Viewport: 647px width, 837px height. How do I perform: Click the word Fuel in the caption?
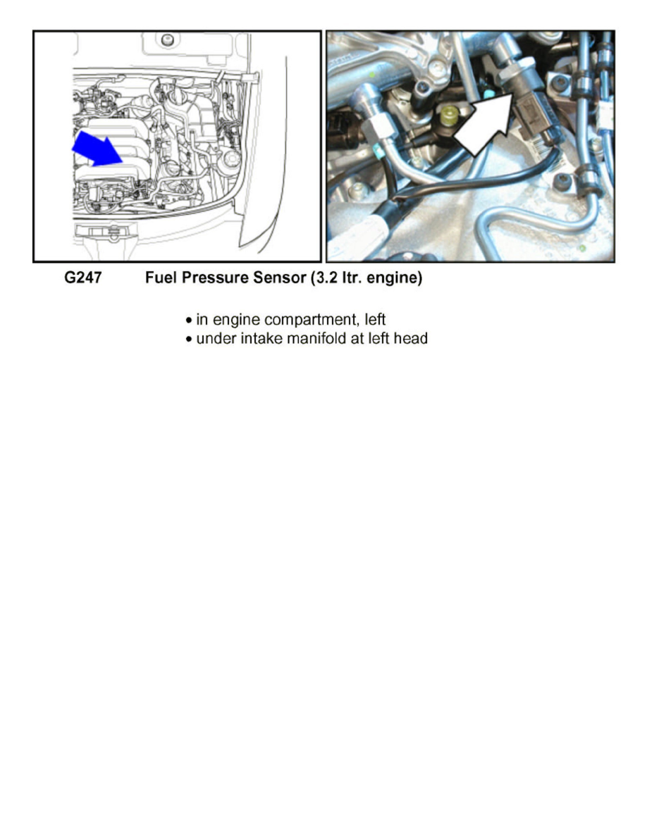(x=159, y=279)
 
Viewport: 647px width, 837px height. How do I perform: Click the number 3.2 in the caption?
(x=324, y=279)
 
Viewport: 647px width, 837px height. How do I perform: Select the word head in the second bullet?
(x=412, y=339)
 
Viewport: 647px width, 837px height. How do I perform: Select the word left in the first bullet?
(x=374, y=319)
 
